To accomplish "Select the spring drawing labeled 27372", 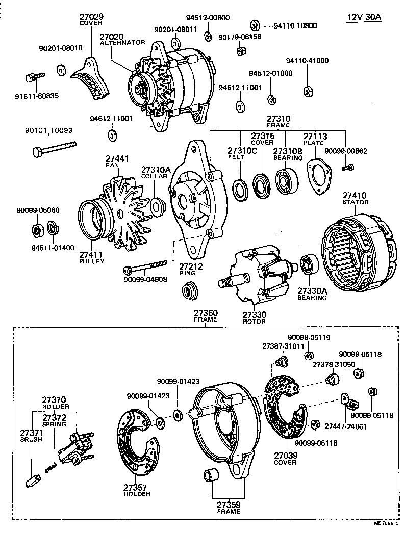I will (x=50, y=468).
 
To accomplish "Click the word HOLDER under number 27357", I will (x=137, y=494).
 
